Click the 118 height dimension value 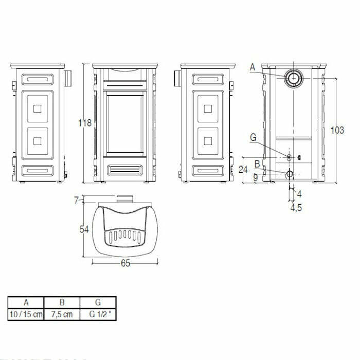pyautogui.click(x=85, y=123)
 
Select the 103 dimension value pyautogui.click(x=337, y=131)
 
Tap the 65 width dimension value pyautogui.click(x=125, y=263)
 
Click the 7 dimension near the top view pyautogui.click(x=77, y=200)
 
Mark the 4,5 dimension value pyautogui.click(x=296, y=208)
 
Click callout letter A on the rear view pyautogui.click(x=252, y=66)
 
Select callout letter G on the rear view pyautogui.click(x=252, y=137)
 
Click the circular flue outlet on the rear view pyautogui.click(x=294, y=78)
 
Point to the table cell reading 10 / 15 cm pyautogui.click(x=26, y=314)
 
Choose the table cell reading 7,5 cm pyautogui.click(x=62, y=314)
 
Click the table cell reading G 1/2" pyautogui.click(x=98, y=314)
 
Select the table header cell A pyautogui.click(x=26, y=302)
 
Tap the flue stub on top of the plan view pyautogui.click(x=124, y=200)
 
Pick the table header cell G pyautogui.click(x=98, y=302)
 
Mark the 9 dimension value pyautogui.click(x=256, y=177)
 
